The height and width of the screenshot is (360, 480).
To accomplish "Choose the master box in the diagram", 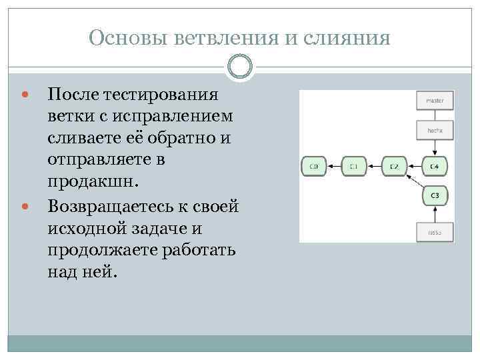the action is (x=435, y=101).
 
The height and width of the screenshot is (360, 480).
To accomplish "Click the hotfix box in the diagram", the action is (x=435, y=131).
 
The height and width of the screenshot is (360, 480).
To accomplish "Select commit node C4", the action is (x=435, y=165).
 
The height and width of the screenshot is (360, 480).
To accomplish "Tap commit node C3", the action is (x=435, y=195).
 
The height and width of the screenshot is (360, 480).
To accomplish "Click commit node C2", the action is (x=395, y=165).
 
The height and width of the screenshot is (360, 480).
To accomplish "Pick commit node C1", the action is (x=354, y=165).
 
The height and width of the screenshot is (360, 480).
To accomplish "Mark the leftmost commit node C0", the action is (x=313, y=165).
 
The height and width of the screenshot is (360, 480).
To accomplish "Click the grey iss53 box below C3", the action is (x=435, y=232).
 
